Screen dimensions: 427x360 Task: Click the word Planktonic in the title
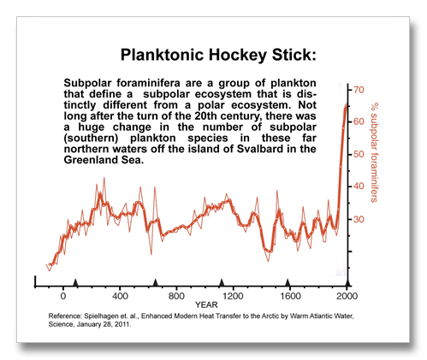(x=162, y=55)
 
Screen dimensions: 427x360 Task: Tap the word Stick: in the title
(x=294, y=55)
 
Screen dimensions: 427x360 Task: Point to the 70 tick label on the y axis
(x=359, y=90)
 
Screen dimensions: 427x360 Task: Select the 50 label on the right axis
(x=359, y=154)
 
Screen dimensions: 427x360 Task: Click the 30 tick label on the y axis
(x=359, y=219)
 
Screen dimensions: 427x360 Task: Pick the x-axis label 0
(x=63, y=296)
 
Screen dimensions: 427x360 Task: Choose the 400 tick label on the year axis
(x=120, y=296)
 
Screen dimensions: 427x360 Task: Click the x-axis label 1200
(x=233, y=296)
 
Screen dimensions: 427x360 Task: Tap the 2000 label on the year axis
(x=347, y=296)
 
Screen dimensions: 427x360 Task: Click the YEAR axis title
(x=206, y=305)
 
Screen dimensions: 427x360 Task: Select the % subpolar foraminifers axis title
(x=374, y=152)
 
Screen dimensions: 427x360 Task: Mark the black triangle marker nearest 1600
(x=288, y=282)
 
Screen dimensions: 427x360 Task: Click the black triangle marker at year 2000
(x=347, y=282)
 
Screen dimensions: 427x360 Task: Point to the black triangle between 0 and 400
(x=75, y=282)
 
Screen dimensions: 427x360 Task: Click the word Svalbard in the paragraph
(x=261, y=149)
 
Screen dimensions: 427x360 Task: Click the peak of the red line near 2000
(x=347, y=103)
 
